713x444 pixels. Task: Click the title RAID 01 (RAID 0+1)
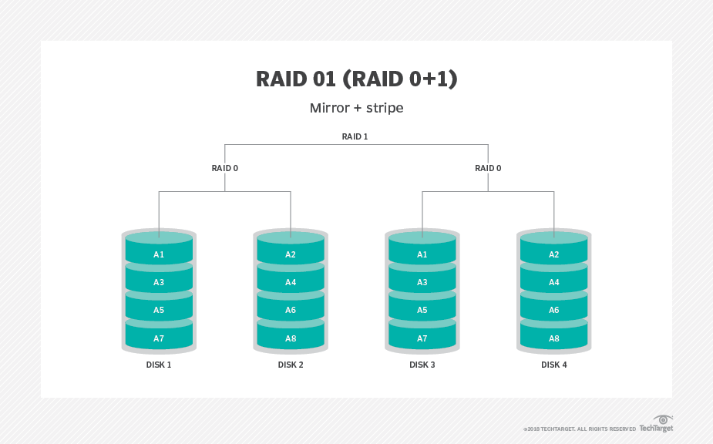point(356,79)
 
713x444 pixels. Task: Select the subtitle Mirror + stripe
point(356,108)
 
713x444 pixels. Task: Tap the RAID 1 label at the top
point(355,136)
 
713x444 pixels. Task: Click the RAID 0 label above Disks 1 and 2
point(224,168)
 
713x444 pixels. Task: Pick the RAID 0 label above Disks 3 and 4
point(488,168)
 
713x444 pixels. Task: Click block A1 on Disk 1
point(159,254)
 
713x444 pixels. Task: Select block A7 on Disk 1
point(159,338)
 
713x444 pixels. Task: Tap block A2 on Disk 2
point(291,254)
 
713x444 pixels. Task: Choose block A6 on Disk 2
point(291,310)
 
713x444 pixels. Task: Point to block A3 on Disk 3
point(422,282)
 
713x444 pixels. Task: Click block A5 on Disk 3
point(422,310)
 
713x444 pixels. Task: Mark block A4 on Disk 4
point(554,282)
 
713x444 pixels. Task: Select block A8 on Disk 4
point(554,338)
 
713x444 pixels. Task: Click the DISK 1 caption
point(159,365)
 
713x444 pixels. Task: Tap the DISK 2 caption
point(291,365)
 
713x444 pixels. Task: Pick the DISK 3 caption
point(422,365)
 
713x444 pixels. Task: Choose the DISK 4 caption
point(554,365)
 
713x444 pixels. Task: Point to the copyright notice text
point(580,429)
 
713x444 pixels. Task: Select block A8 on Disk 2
point(291,338)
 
